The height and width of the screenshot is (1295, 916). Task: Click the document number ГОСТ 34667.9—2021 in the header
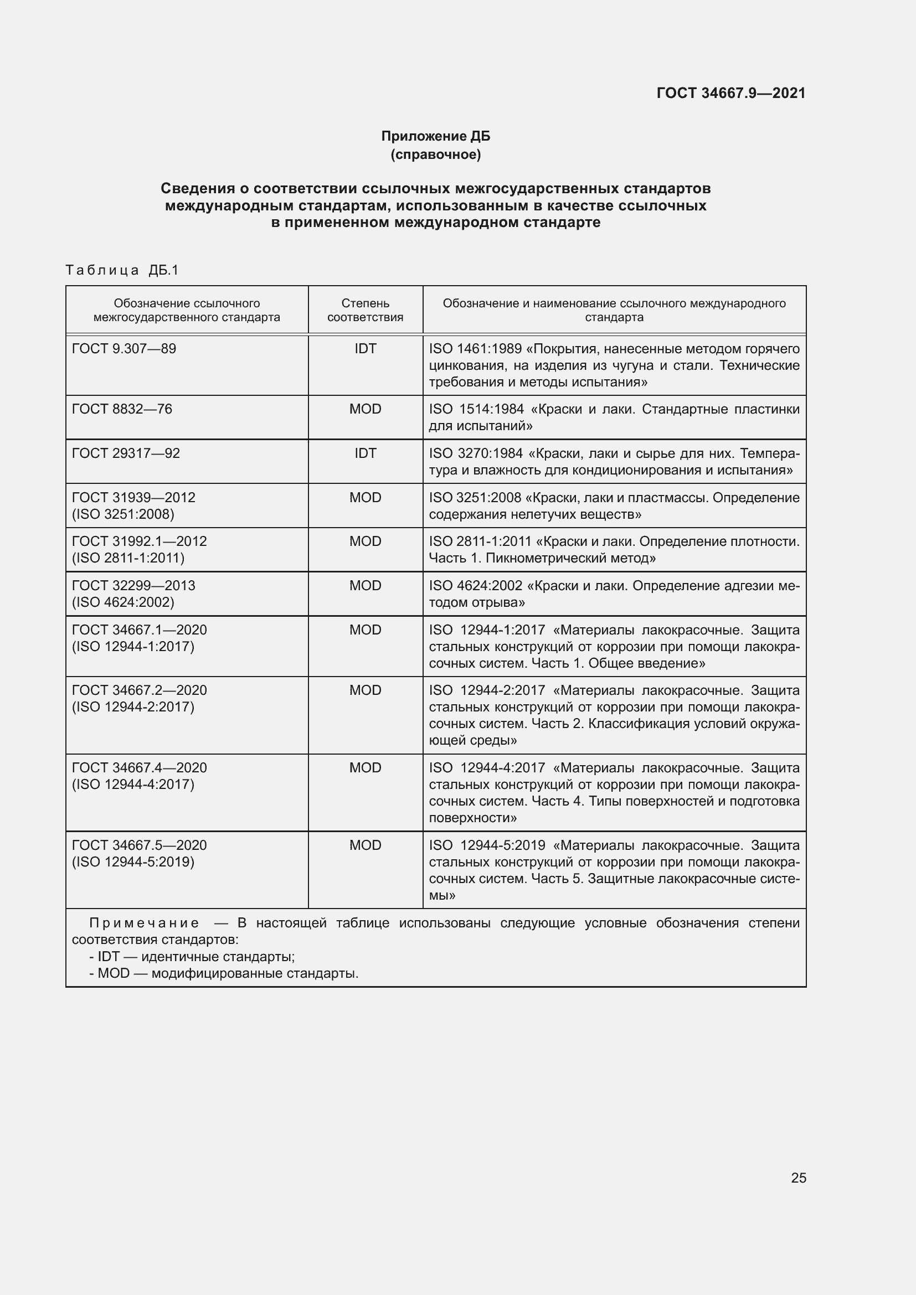point(730,93)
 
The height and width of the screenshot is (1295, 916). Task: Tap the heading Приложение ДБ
point(435,136)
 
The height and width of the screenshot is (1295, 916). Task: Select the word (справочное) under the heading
point(435,154)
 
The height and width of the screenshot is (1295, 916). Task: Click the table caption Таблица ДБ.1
point(122,270)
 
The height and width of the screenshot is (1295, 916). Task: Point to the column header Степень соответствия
point(365,310)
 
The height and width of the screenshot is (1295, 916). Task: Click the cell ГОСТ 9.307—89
point(124,349)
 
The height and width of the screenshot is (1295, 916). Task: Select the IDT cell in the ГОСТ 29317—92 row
point(365,453)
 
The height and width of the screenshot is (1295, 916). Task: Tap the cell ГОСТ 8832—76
point(122,409)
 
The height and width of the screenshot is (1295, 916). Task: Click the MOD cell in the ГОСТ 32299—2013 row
point(365,585)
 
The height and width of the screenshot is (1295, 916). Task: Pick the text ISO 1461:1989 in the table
point(475,349)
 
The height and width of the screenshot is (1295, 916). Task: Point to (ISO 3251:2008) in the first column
point(123,514)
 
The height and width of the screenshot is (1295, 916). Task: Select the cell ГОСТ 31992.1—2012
point(139,541)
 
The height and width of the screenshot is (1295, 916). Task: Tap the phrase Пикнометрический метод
point(570,558)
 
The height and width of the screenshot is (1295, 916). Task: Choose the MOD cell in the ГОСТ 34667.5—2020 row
point(365,845)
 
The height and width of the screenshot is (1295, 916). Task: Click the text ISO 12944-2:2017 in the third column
point(487,690)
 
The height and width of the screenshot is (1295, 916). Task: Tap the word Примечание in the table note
point(144,923)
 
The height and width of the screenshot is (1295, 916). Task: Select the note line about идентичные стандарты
point(192,957)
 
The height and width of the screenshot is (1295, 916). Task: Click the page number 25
point(798,1178)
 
